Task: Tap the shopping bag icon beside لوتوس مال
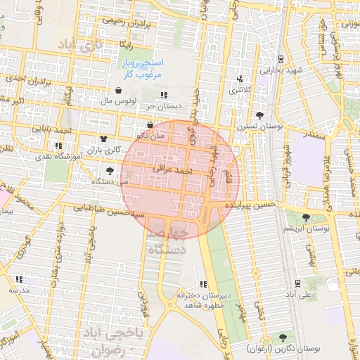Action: (x=117, y=90)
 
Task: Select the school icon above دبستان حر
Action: (x=164, y=95)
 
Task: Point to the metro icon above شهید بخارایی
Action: (x=281, y=59)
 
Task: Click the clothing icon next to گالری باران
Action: (x=104, y=139)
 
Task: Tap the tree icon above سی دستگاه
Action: (x=109, y=170)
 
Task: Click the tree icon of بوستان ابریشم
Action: (x=305, y=218)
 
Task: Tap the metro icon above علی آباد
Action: (x=298, y=283)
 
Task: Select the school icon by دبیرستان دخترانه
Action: (x=203, y=284)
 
